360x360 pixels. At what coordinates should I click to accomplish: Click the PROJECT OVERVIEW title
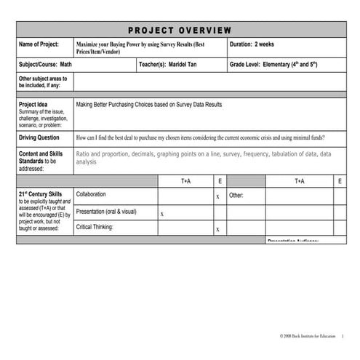[x=180, y=30]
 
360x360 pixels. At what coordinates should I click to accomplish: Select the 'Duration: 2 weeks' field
[x=254, y=44]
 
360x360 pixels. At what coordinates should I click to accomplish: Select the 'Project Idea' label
[x=33, y=105]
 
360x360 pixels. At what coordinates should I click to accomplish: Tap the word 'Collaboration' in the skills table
[x=91, y=194]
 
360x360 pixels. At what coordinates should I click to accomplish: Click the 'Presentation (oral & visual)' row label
[x=106, y=212]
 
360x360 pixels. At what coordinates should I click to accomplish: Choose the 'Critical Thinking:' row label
[x=95, y=227]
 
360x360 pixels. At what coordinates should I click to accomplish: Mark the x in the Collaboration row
[x=217, y=196]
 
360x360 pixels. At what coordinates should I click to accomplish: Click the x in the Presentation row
[x=161, y=214]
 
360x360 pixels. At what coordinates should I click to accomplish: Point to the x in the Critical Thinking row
[x=217, y=230]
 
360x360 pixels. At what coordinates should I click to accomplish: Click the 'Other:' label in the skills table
[x=236, y=196]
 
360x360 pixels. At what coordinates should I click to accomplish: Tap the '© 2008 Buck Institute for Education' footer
[x=308, y=336]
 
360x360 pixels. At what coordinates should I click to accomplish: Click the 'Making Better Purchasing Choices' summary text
[x=148, y=105]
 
